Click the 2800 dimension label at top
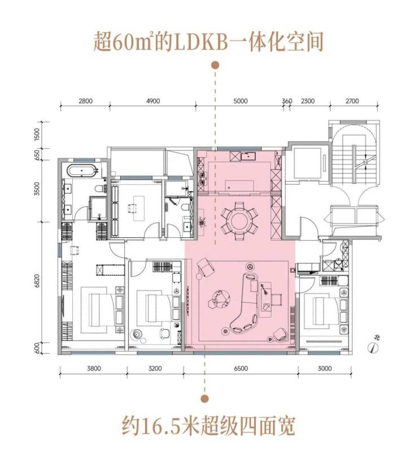point(85,102)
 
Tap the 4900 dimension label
point(154,102)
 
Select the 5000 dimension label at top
point(241,102)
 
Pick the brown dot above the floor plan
point(215,66)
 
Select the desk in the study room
point(136,207)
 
